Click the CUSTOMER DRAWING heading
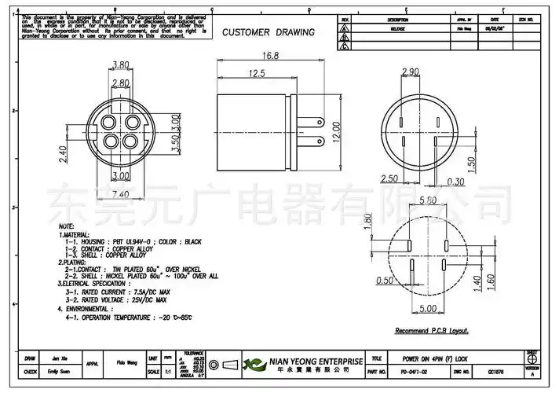coord(268,32)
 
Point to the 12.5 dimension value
coord(257,73)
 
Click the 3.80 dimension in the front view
coord(121,65)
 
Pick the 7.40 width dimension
coord(120,193)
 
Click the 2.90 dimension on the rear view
coord(410,72)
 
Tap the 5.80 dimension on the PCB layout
coord(428,201)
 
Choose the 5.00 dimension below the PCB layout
coord(428,309)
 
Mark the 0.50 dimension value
coord(385,281)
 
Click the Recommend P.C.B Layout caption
coord(433,331)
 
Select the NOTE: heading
coord(67,226)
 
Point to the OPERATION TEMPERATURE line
coord(130,318)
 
